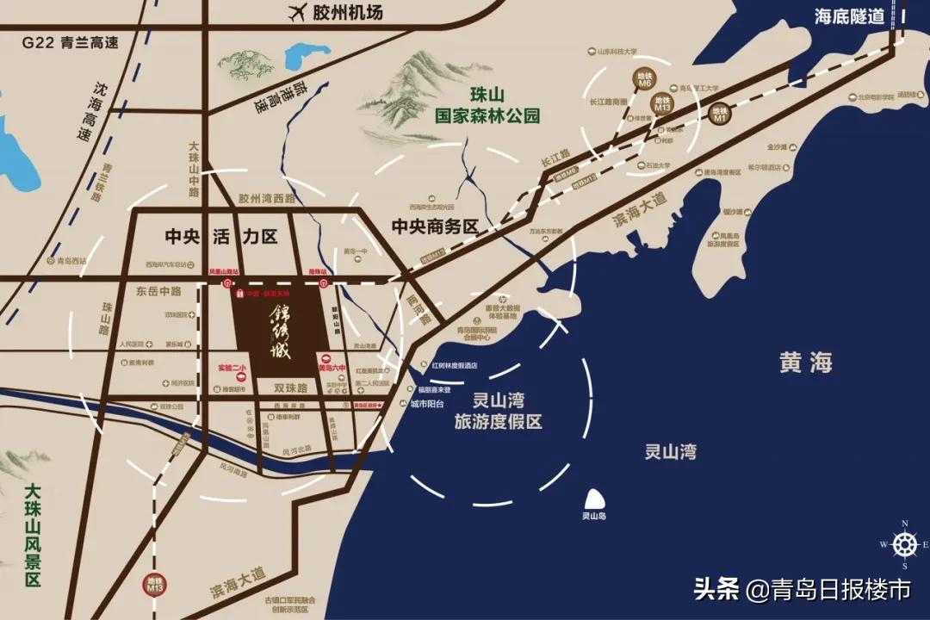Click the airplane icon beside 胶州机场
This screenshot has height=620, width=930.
tap(298, 13)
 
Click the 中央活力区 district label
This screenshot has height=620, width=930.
tap(222, 234)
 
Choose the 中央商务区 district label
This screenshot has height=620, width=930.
tap(435, 226)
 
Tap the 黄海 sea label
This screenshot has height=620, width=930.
tap(806, 363)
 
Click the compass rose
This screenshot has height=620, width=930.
tap(904, 544)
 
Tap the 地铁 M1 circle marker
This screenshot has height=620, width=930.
tap(721, 113)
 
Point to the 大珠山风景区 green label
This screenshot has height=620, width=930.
tap(33, 534)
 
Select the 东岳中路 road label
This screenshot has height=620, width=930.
tap(158, 292)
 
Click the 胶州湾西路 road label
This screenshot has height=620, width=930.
tap(267, 199)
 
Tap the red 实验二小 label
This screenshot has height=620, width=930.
tap(232, 369)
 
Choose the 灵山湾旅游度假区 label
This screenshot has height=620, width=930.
tap(499, 411)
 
